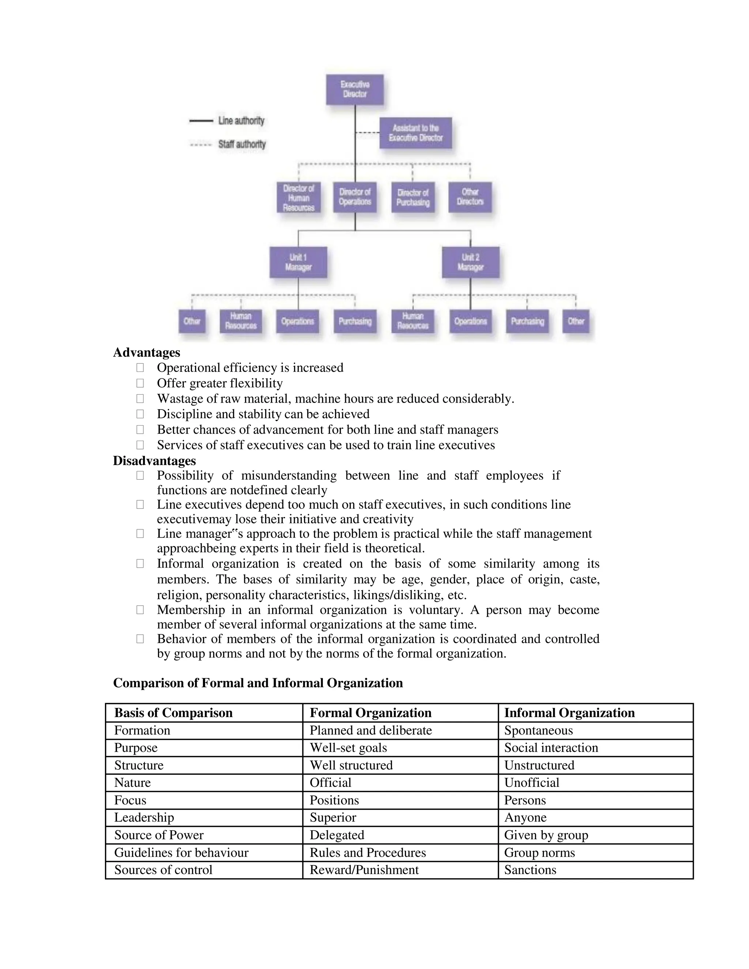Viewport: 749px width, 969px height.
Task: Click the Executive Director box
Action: tap(354, 89)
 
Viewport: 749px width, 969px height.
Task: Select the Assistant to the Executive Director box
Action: tap(415, 133)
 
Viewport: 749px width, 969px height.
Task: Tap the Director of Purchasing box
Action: tap(413, 197)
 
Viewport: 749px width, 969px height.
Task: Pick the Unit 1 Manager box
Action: tap(298, 262)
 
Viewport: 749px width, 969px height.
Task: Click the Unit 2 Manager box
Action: tap(470, 262)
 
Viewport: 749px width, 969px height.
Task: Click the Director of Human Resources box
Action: tap(299, 197)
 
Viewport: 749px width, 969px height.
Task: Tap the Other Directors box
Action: tap(470, 197)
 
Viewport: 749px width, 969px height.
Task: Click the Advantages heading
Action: tap(146, 352)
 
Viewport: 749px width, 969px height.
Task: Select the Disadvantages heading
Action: tap(154, 460)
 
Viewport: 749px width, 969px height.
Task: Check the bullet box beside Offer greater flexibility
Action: tap(140, 383)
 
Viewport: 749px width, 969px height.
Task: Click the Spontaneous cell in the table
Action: tap(538, 730)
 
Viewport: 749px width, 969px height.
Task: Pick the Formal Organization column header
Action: tap(370, 713)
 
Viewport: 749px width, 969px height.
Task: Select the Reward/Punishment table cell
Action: tap(364, 870)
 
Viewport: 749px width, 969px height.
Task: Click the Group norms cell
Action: tap(539, 852)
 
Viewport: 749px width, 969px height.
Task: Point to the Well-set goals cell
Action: tap(348, 748)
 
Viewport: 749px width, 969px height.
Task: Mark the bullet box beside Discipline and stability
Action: tap(140, 414)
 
